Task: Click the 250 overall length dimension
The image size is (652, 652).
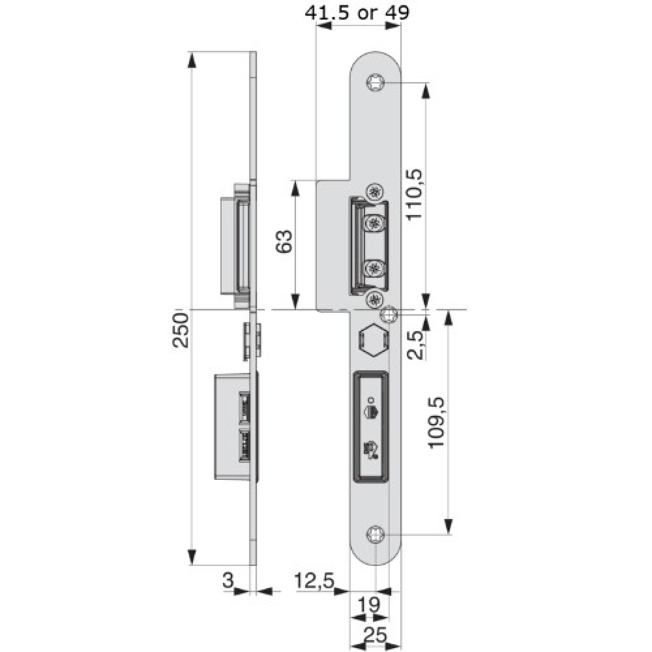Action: point(182,330)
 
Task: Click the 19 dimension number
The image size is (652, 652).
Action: point(370,604)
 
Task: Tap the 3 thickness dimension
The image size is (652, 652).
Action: point(228,578)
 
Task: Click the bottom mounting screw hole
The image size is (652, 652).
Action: point(376,535)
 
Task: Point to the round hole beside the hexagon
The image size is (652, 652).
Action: point(390,315)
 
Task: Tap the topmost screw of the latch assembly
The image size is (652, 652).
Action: point(374,192)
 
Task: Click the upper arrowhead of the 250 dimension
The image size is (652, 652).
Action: point(192,60)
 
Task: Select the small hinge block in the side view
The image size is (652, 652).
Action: point(252,340)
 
